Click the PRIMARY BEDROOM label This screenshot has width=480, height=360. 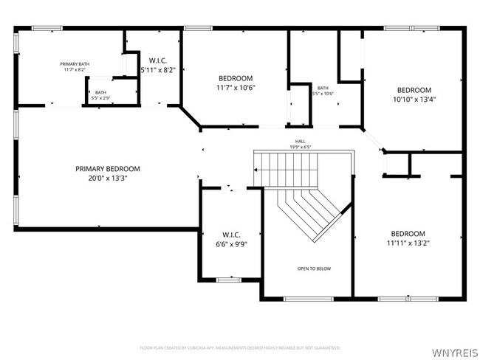[107, 169]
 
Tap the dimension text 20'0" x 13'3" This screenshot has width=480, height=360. [107, 178]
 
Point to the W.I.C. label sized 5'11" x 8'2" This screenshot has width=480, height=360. [158, 60]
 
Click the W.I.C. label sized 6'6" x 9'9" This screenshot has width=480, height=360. [231, 235]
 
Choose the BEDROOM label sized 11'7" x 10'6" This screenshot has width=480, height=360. [236, 78]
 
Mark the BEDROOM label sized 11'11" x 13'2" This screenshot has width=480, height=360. [408, 233]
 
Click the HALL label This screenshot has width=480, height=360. [300, 142]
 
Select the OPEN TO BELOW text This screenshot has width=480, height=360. [314, 269]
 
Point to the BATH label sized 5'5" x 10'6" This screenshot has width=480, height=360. [323, 88]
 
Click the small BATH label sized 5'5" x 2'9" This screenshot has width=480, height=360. [100, 92]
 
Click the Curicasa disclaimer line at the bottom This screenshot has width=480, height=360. [240, 347]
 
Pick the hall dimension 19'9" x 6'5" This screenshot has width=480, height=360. [300, 147]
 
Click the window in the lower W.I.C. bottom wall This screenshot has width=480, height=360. [228, 279]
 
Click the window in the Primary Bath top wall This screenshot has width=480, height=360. [46, 28]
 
